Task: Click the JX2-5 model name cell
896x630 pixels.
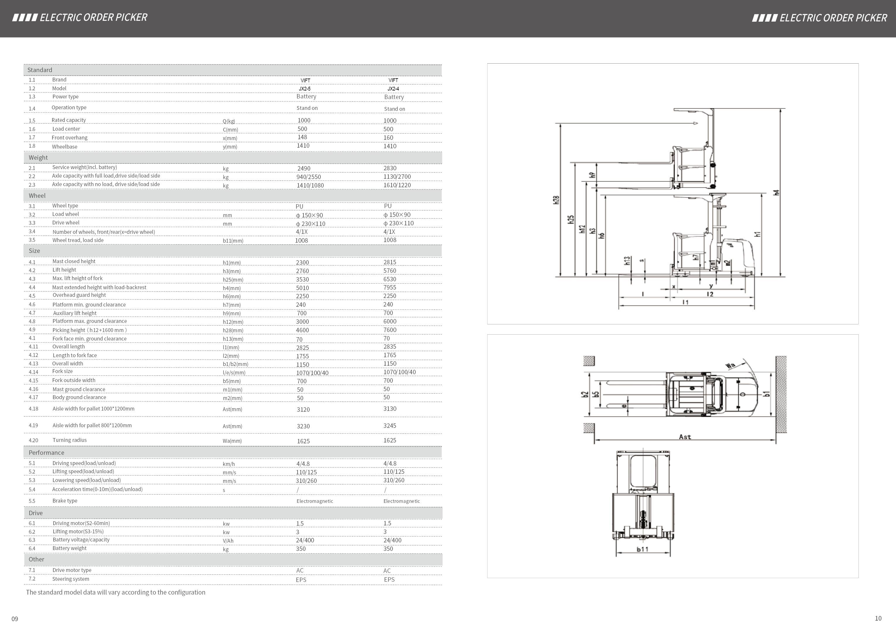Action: (x=305, y=88)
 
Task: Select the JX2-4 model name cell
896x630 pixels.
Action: (x=393, y=88)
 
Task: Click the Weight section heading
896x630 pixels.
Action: (x=38, y=158)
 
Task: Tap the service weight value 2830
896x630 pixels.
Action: (x=390, y=168)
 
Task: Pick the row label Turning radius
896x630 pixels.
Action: (x=69, y=440)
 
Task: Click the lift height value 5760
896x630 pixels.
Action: (x=390, y=270)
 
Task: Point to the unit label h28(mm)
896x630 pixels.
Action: (x=233, y=331)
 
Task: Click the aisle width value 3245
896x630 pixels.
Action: (x=390, y=425)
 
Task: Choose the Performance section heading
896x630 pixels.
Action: (x=47, y=453)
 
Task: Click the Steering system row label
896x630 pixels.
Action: (x=71, y=579)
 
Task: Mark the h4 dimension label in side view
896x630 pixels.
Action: (x=776, y=192)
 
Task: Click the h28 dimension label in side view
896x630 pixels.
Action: (x=556, y=200)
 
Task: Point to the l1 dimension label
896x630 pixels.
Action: (x=685, y=302)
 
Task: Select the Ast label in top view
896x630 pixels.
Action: (x=685, y=437)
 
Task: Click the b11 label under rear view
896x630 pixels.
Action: (x=642, y=549)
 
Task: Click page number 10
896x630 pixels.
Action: (x=878, y=618)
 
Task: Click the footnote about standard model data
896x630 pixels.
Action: (x=115, y=592)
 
